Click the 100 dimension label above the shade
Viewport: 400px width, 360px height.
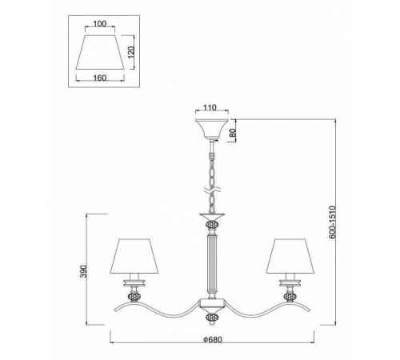click(x=100, y=24)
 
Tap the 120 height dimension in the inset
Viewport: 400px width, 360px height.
click(x=131, y=52)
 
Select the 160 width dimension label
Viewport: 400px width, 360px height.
click(x=100, y=78)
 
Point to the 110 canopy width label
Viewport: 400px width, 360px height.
click(x=210, y=107)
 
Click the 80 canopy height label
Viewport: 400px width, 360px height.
click(x=233, y=133)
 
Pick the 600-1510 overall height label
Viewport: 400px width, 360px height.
click(x=332, y=222)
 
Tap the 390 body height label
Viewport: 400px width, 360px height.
click(x=84, y=271)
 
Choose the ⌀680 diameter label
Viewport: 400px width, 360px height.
click(x=212, y=339)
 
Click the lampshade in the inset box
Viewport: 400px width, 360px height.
click(x=100, y=52)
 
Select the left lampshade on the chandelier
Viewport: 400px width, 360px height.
click(x=134, y=256)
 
